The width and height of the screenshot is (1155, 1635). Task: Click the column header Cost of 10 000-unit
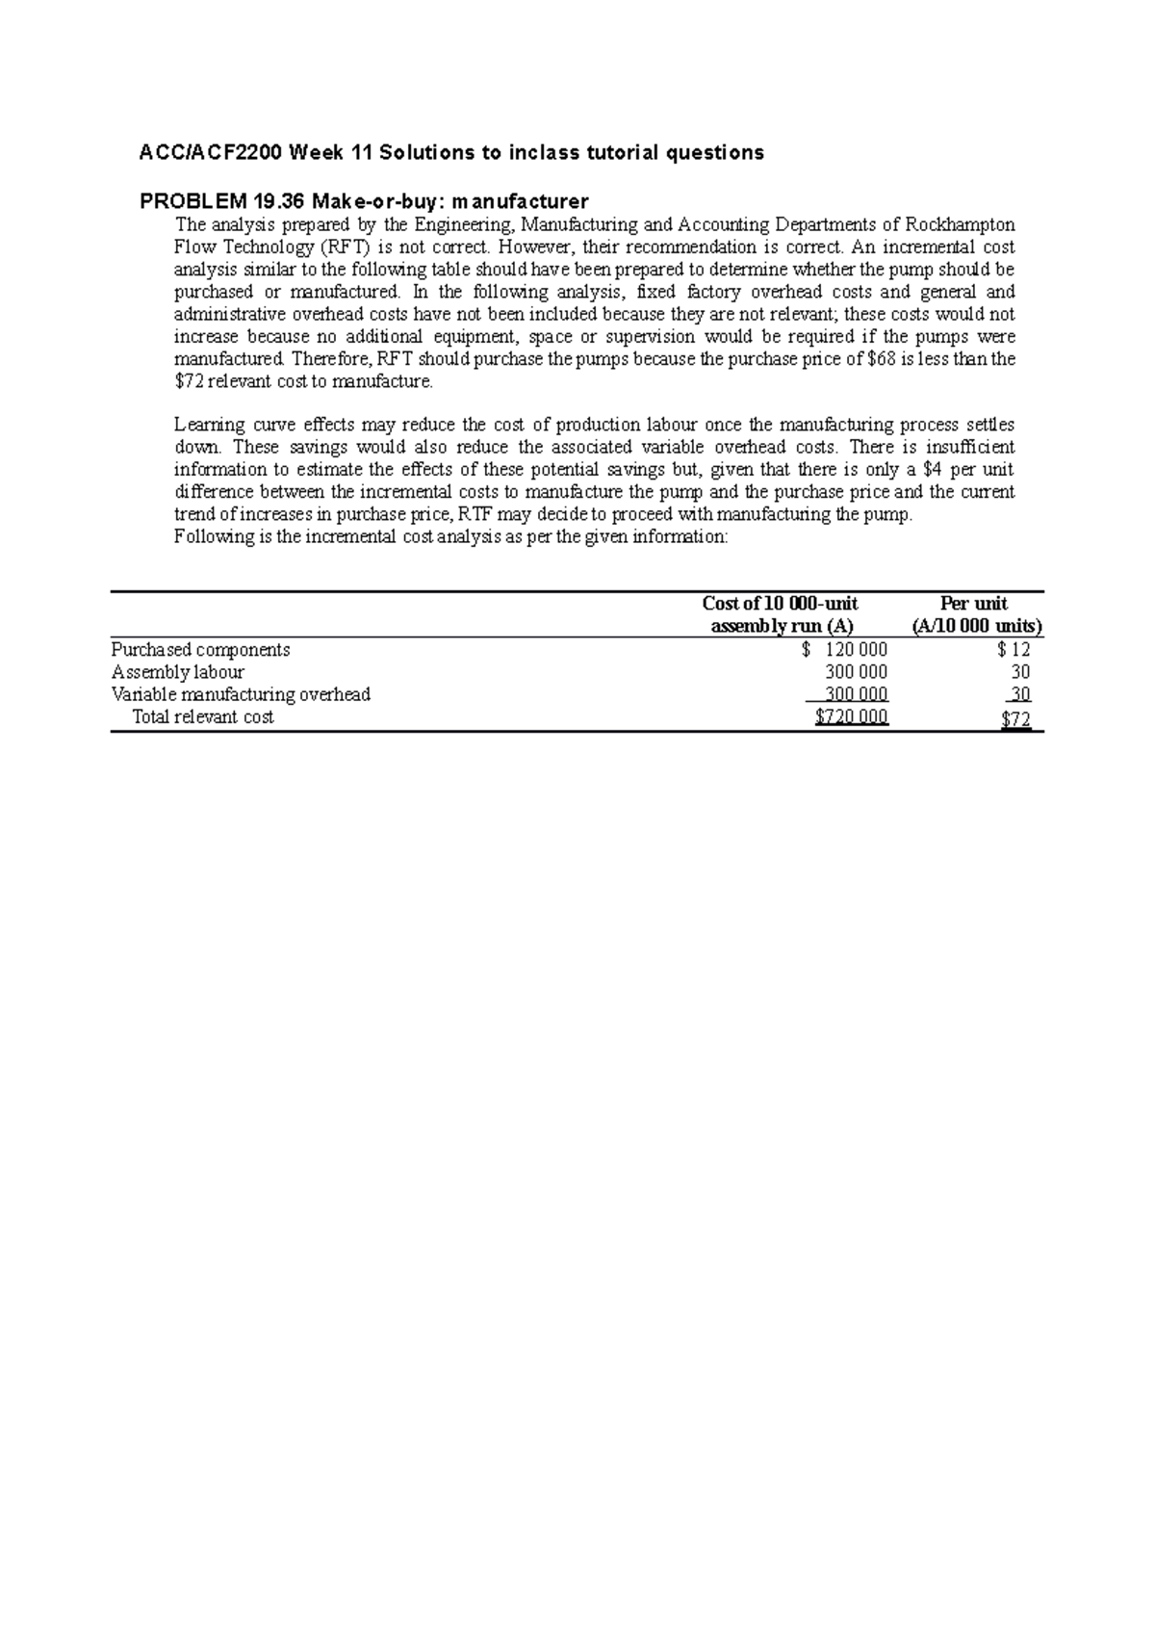tap(780, 604)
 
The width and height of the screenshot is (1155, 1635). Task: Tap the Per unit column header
tap(973, 604)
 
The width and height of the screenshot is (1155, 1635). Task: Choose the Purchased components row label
tap(200, 650)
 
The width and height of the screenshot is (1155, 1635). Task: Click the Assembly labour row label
tap(178, 672)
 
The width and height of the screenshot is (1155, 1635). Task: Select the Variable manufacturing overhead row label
tap(241, 694)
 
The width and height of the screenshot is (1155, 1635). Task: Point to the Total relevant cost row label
tap(203, 716)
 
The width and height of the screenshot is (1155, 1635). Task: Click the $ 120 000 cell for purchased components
tap(845, 650)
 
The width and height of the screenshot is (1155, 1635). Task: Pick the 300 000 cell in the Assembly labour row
tap(857, 672)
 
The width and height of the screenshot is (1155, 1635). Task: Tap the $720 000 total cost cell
tap(851, 716)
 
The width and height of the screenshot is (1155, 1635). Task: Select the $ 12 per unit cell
tap(1014, 650)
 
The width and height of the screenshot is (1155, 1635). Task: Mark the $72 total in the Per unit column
tap(1015, 717)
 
